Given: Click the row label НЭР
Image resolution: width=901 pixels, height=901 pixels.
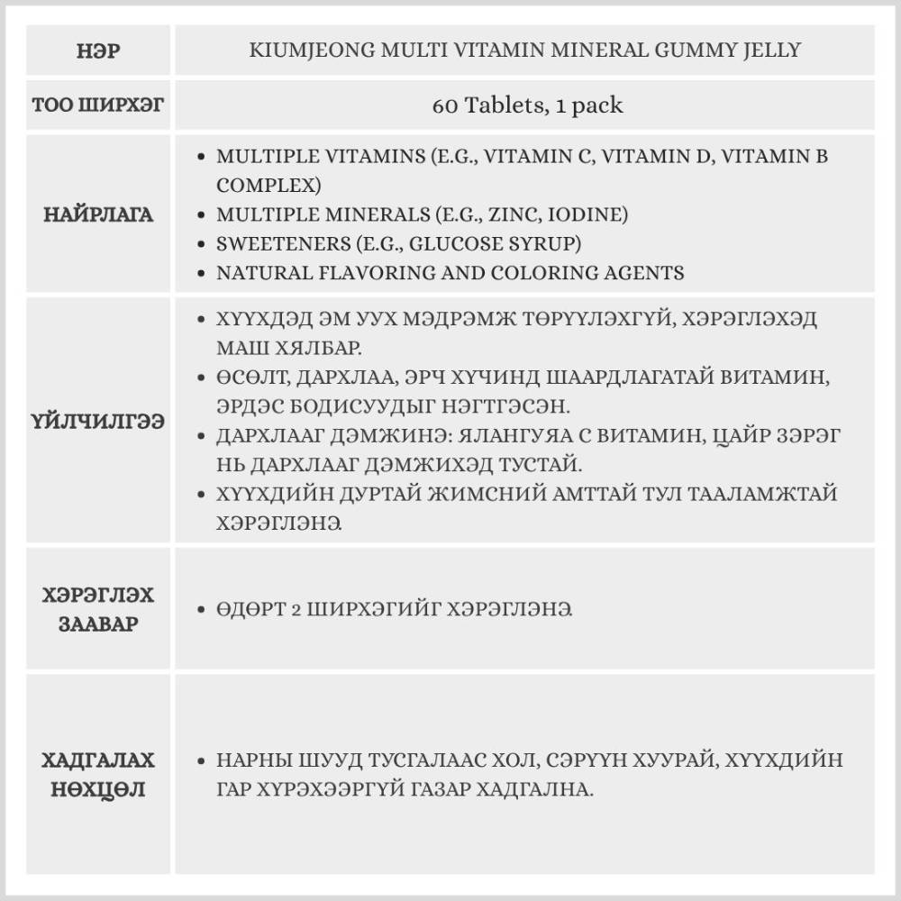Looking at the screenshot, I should click(98, 50).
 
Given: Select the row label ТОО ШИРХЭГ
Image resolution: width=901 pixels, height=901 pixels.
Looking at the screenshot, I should click(98, 105).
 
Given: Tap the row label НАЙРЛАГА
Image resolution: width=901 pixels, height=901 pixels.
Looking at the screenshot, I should click(98, 214).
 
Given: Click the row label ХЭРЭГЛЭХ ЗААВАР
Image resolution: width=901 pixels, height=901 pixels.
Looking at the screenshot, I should click(98, 609).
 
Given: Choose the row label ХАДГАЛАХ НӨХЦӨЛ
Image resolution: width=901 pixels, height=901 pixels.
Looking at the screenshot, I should click(98, 774).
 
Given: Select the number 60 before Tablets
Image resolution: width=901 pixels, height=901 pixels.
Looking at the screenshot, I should click(445, 105).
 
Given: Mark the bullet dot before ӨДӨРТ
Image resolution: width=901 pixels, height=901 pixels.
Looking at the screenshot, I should click(202, 609).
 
